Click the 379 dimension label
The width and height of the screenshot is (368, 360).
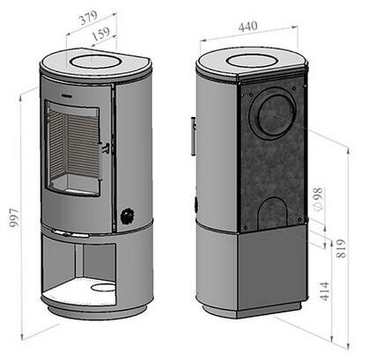click(88, 18)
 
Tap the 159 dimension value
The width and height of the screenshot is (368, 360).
click(101, 34)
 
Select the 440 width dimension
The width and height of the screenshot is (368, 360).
click(248, 26)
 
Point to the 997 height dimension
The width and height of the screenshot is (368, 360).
click(14, 217)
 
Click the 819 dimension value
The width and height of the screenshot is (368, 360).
click(341, 248)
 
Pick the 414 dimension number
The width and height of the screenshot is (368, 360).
click(324, 291)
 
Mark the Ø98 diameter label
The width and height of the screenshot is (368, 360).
click(318, 199)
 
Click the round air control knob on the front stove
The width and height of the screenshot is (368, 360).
click(128, 217)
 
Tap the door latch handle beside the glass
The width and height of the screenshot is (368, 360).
click(105, 147)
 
